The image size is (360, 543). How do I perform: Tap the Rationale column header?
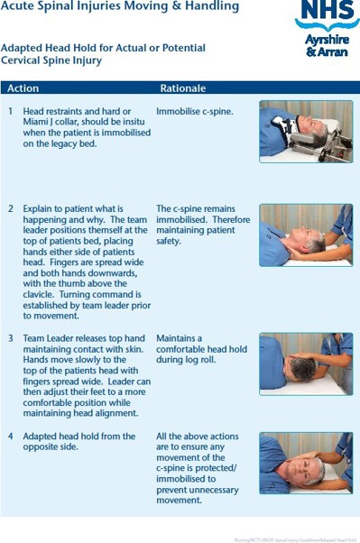coord(182,88)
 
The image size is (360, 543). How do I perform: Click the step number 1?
coord(11,112)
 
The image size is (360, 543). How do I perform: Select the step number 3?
coord(11,338)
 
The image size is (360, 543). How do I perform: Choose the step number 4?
coord(11,437)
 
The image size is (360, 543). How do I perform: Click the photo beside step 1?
coord(305,132)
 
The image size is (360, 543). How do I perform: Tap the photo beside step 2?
coord(305,235)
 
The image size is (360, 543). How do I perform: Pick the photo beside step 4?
coord(305,462)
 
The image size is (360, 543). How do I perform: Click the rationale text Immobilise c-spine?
coord(194,112)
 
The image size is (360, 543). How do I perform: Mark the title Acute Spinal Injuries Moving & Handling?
coord(120,7)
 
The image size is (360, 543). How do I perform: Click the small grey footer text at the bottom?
coord(295,538)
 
